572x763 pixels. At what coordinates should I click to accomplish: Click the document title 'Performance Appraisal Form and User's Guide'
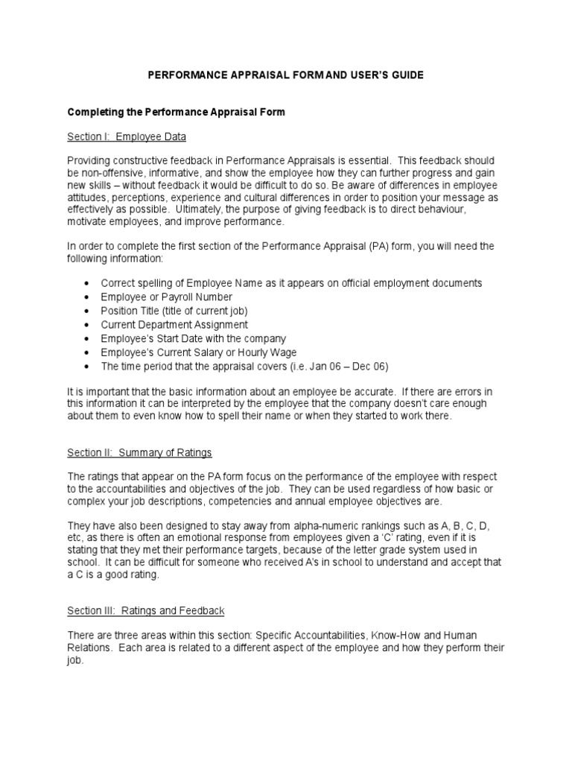pyautogui.click(x=285, y=75)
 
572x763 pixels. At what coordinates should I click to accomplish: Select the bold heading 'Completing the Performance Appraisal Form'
pyautogui.click(x=177, y=112)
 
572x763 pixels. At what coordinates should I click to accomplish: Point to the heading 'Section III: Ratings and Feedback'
pyautogui.click(x=146, y=610)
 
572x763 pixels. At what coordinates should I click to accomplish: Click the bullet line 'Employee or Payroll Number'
pyautogui.click(x=162, y=297)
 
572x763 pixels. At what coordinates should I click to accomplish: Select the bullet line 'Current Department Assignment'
pyautogui.click(x=174, y=325)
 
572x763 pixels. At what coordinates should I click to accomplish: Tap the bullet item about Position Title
pyautogui.click(x=174, y=311)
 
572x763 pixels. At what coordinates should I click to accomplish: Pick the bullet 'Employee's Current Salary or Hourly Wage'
pyautogui.click(x=198, y=352)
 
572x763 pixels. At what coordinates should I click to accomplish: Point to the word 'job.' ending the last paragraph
pyautogui.click(x=75, y=660)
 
